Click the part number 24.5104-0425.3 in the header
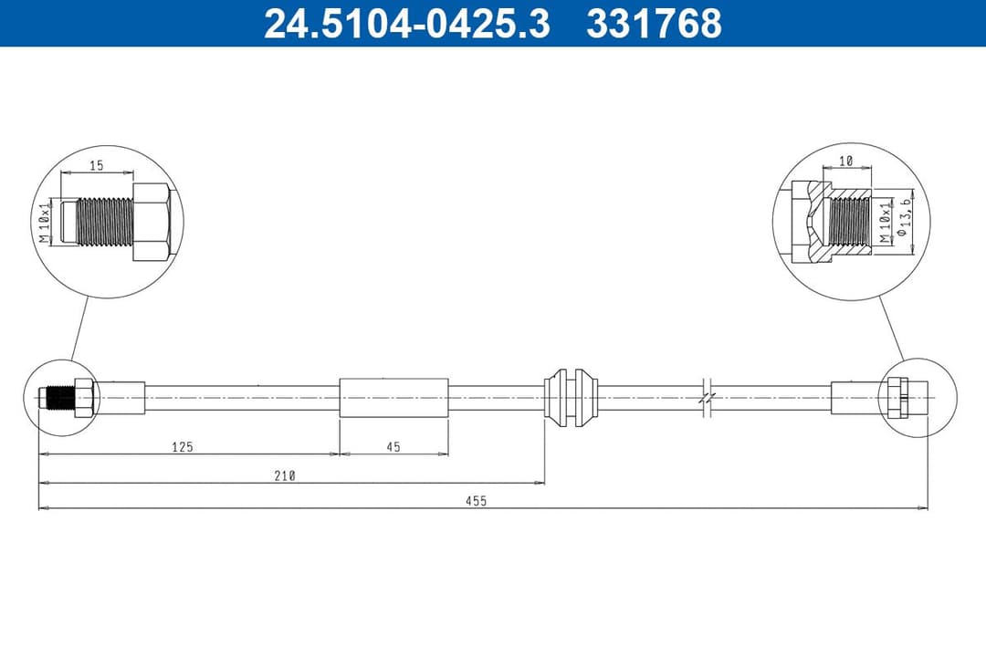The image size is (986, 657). pos(406,24)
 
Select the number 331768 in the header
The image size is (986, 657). pos(654,24)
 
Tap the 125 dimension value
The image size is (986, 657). pos(183,447)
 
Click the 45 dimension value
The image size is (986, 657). pos(393,447)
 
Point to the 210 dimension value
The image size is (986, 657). pos(285,475)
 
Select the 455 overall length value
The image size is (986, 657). pos(477,501)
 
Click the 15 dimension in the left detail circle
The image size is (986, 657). pos(96,165)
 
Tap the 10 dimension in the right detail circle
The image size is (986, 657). pos(845,161)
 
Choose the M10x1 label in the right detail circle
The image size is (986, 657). pos(883,222)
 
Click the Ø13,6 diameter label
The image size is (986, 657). pos(905,222)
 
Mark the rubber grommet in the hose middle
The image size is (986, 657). pos(572,398)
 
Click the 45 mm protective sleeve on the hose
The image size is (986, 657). pos(393,398)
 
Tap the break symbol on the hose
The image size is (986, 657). pos(708,398)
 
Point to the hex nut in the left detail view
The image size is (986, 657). pos(151,222)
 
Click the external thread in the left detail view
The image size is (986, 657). pos(102,222)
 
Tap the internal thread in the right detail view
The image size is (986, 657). pos(851,222)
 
